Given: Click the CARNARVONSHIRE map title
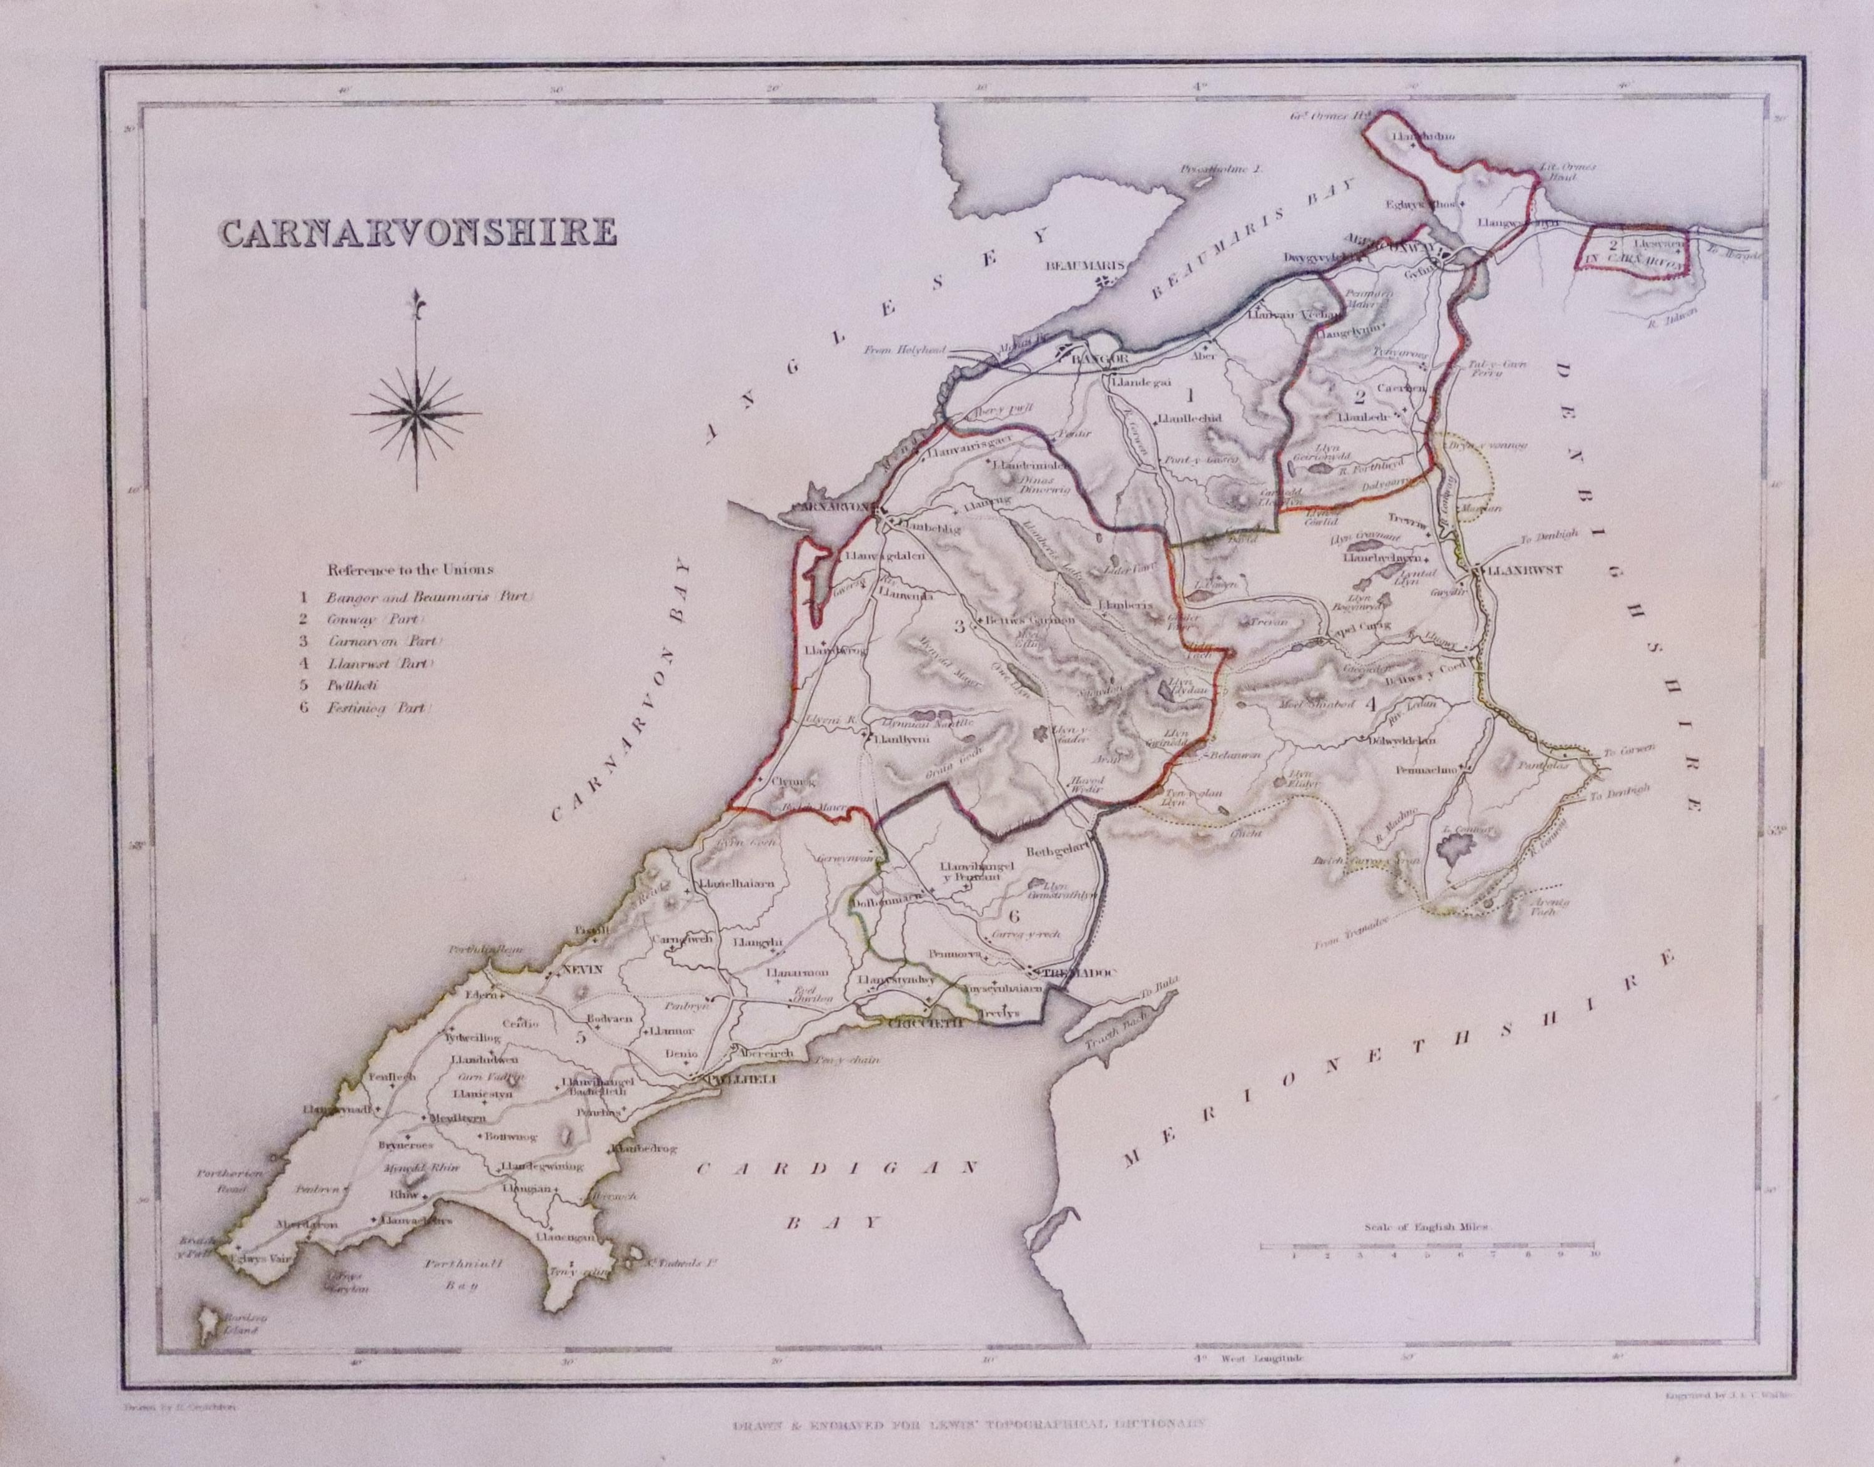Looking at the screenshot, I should tap(418, 233).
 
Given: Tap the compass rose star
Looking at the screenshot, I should tap(417, 414).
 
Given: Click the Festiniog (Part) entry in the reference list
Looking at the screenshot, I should tap(379, 709).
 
